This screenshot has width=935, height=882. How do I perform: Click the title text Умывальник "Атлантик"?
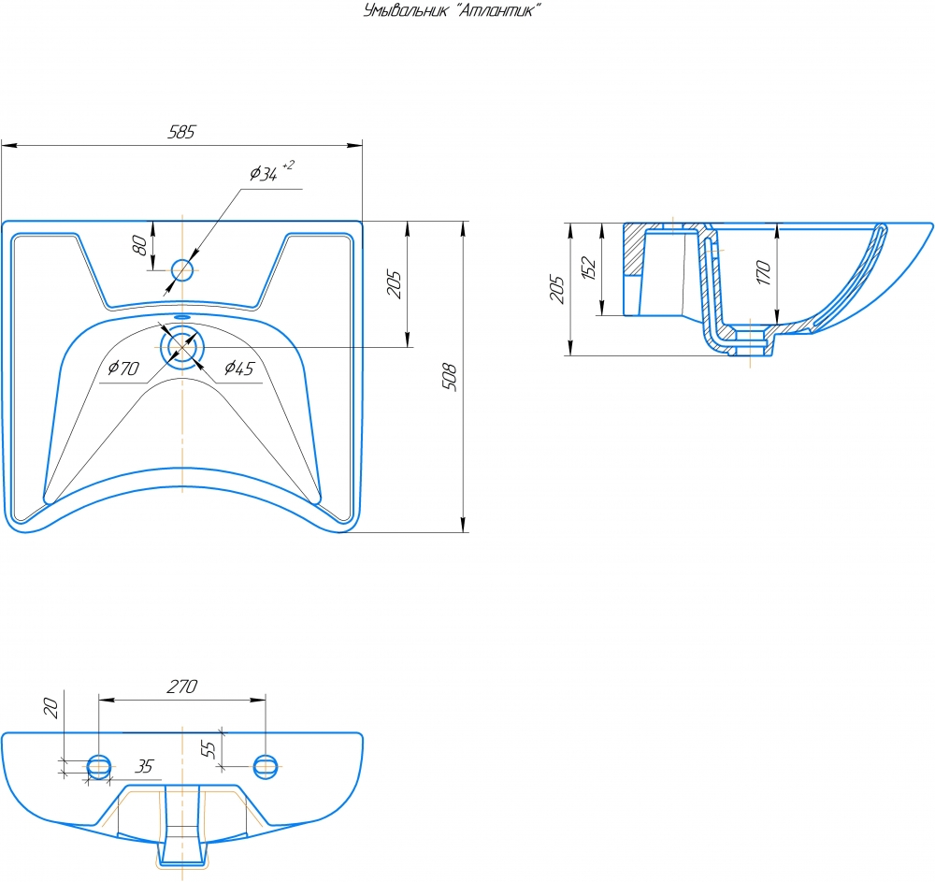[452, 10]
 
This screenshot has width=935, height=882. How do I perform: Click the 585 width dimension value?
[181, 132]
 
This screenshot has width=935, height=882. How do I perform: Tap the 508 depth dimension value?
[449, 376]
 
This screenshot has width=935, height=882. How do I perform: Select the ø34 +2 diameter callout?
[272, 171]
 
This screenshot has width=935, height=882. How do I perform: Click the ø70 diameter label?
[123, 368]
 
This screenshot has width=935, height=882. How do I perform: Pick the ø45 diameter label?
[239, 368]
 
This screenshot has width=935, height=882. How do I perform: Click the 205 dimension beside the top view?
[394, 283]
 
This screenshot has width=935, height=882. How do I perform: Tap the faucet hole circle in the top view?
[182, 270]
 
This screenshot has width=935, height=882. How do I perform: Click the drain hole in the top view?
[182, 347]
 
